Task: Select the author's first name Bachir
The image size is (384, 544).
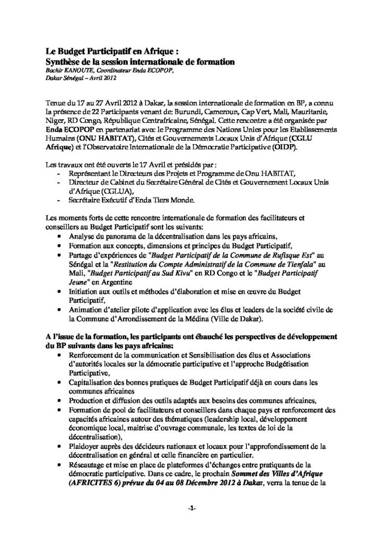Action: (54, 70)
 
